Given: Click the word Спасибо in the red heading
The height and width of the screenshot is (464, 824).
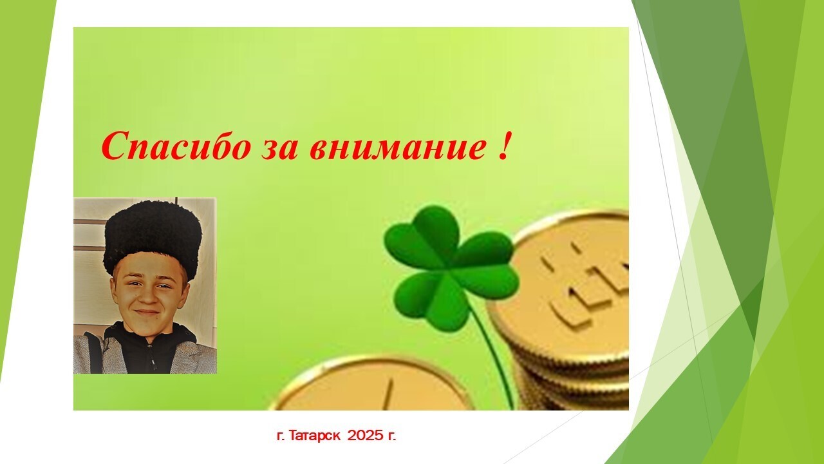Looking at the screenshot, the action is pyautogui.click(x=176, y=146).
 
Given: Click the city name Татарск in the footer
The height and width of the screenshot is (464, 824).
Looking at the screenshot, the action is pyautogui.click(x=314, y=436).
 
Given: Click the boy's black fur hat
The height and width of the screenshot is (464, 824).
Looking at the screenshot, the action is pyautogui.click(x=153, y=238).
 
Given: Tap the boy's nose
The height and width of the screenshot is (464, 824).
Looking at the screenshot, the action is pyautogui.click(x=149, y=296).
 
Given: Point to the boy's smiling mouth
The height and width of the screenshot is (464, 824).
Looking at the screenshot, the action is pyautogui.click(x=147, y=313).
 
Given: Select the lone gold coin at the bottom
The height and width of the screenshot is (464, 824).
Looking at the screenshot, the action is pyautogui.click(x=371, y=385).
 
